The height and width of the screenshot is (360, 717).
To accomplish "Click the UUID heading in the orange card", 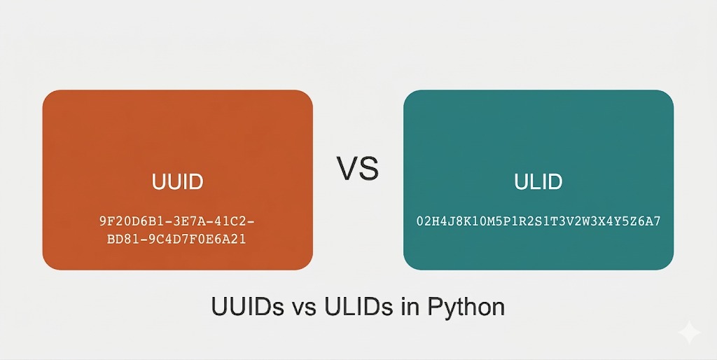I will click(x=177, y=182).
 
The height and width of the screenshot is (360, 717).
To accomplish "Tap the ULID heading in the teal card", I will click(x=538, y=182).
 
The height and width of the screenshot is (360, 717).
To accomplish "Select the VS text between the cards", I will click(x=357, y=169).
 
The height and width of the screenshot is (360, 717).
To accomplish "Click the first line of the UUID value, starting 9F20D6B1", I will click(x=177, y=222).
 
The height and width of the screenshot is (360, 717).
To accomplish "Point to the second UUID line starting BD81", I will click(x=177, y=240).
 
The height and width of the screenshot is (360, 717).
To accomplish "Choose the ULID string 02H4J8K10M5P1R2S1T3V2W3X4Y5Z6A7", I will click(x=538, y=222).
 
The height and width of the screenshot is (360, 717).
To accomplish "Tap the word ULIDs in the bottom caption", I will click(x=355, y=307).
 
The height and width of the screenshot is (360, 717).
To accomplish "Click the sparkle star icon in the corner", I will click(x=689, y=333).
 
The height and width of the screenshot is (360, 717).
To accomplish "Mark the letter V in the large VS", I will click(x=348, y=169).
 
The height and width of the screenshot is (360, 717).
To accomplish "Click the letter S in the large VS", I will click(x=368, y=169).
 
